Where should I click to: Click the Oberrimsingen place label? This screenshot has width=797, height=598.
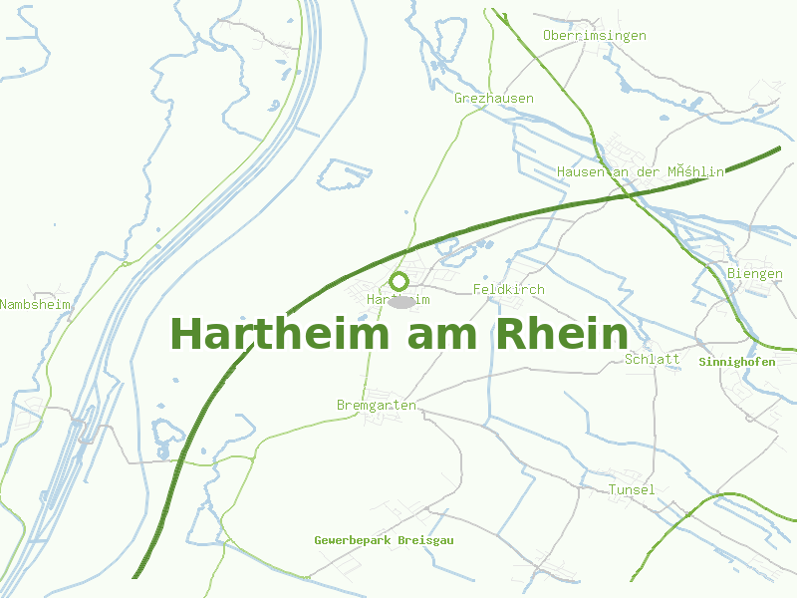594,36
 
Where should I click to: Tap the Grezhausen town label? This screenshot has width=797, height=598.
494,99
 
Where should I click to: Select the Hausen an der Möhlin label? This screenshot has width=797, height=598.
641,172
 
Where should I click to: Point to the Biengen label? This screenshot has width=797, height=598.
755,274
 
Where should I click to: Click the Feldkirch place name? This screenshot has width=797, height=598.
509,290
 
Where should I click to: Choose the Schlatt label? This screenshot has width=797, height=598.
653,359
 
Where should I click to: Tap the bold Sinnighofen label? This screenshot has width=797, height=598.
737,362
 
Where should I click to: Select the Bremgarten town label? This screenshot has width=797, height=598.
377,406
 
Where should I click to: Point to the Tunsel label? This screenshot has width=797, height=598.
632,489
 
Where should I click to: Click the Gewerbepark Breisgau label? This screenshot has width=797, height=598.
384,540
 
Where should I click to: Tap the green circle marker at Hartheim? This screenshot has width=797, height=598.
399,281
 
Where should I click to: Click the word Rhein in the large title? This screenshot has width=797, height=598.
563,334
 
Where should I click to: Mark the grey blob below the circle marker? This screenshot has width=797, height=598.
400,301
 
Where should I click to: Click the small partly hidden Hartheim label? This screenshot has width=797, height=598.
398,299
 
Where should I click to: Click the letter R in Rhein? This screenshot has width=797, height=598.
509,334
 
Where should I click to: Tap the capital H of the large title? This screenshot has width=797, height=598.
186,334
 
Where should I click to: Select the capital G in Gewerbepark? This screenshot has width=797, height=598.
319,540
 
